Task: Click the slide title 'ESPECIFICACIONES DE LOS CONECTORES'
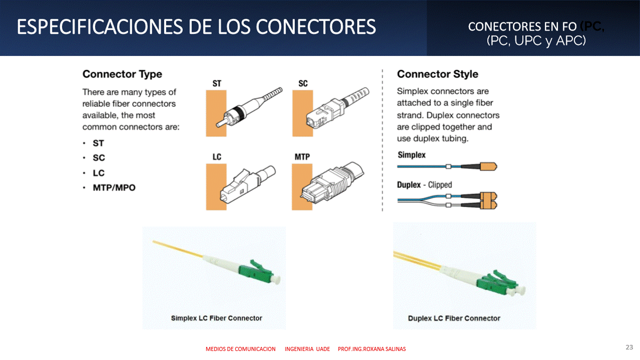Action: [x=196, y=27]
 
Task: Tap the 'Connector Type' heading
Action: [x=122, y=74]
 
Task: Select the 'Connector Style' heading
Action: [x=437, y=74]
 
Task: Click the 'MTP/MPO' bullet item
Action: [x=114, y=188]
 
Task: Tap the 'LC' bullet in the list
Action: [x=99, y=173]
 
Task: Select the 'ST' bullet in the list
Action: [x=98, y=143]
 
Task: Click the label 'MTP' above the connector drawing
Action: [x=302, y=157]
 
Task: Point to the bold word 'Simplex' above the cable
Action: [x=411, y=155]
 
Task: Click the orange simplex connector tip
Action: [x=488, y=166]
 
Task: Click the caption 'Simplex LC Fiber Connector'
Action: [x=216, y=318]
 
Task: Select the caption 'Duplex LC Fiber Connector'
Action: [x=454, y=318]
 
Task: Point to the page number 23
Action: [x=629, y=347]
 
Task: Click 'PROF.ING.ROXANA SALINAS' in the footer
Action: [x=372, y=349]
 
